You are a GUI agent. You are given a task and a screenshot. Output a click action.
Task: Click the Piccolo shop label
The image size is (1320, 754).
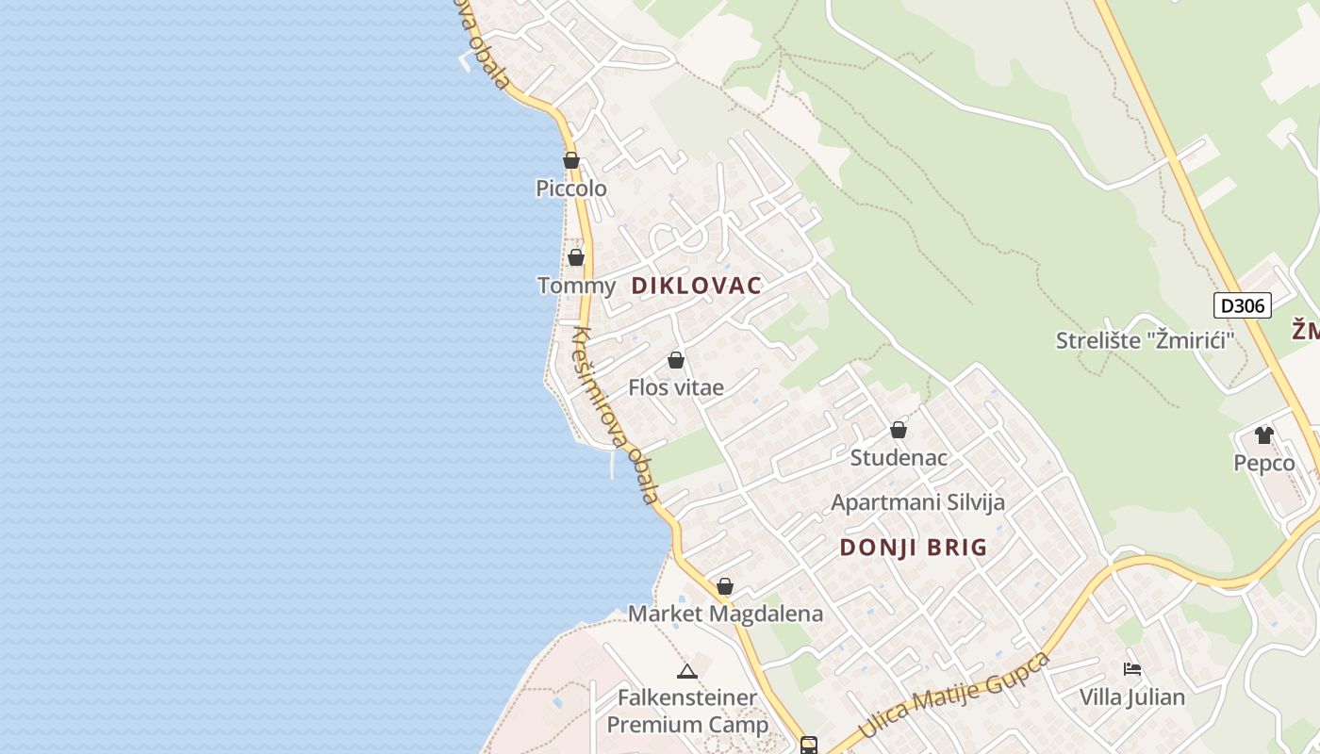pos(571,188)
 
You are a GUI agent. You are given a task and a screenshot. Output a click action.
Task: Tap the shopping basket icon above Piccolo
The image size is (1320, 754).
pos(571,160)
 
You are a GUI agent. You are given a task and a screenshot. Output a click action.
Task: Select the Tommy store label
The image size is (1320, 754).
pos(576,285)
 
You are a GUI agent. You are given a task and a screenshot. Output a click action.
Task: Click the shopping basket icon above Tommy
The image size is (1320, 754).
pos(576,257)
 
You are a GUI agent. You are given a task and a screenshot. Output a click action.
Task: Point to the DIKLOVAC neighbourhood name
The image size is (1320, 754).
pos(696,286)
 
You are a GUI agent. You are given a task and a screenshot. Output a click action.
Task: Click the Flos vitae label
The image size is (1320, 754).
pos(676,387)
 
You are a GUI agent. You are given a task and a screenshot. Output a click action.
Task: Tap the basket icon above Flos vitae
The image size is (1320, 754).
pos(676,360)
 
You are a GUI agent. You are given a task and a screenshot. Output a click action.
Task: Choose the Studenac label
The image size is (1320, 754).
pos(899,457)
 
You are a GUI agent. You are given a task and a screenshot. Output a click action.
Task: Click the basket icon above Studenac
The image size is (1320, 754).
pos(899,430)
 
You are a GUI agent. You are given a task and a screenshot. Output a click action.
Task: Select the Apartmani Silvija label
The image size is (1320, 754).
pos(917,502)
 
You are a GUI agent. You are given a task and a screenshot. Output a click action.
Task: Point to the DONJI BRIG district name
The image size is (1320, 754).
pos(914,548)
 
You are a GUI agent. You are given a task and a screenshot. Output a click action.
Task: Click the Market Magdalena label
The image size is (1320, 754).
pos(725,614)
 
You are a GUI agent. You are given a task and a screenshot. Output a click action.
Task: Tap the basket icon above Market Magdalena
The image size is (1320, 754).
pos(725,586)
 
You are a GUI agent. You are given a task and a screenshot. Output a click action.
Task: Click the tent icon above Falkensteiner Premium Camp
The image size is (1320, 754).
pos(686,671)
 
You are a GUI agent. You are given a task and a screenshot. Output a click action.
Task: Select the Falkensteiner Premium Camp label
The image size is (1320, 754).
pos(687,712)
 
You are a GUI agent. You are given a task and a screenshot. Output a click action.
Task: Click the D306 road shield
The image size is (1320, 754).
pos(1243,305)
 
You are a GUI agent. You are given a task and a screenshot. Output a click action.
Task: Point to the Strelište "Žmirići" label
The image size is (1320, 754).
pos(1145,340)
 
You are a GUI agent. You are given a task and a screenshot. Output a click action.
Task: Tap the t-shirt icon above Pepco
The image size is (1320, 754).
pos(1264,435)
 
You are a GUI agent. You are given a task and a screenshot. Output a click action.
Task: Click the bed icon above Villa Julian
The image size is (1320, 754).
pos(1132,669)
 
